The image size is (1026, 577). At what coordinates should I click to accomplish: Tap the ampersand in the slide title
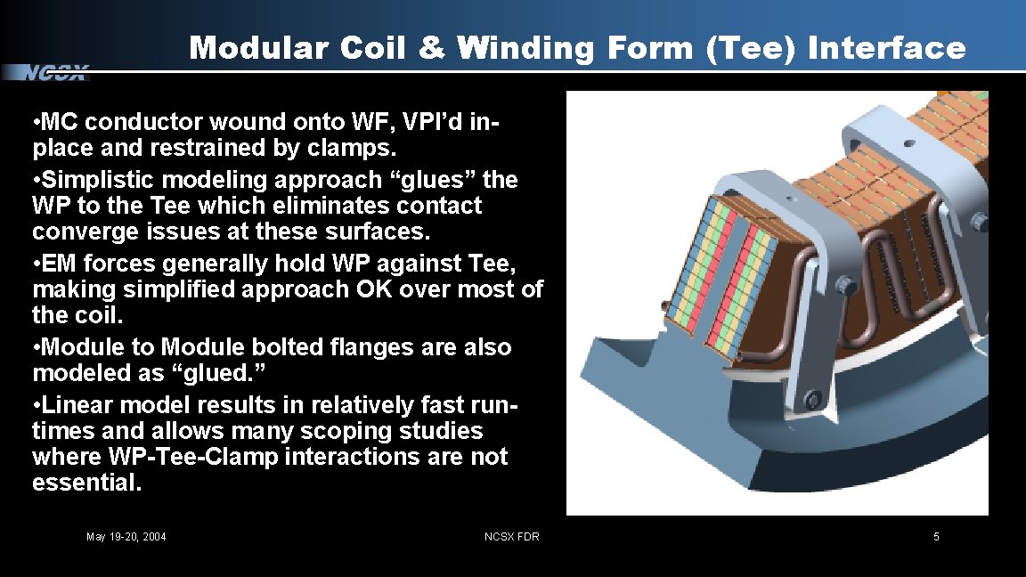click(x=433, y=47)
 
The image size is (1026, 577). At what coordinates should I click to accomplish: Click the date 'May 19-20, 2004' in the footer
click(x=126, y=536)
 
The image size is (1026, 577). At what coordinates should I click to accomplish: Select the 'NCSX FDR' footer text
click(x=511, y=536)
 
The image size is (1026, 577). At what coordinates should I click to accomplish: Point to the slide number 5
click(x=936, y=536)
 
